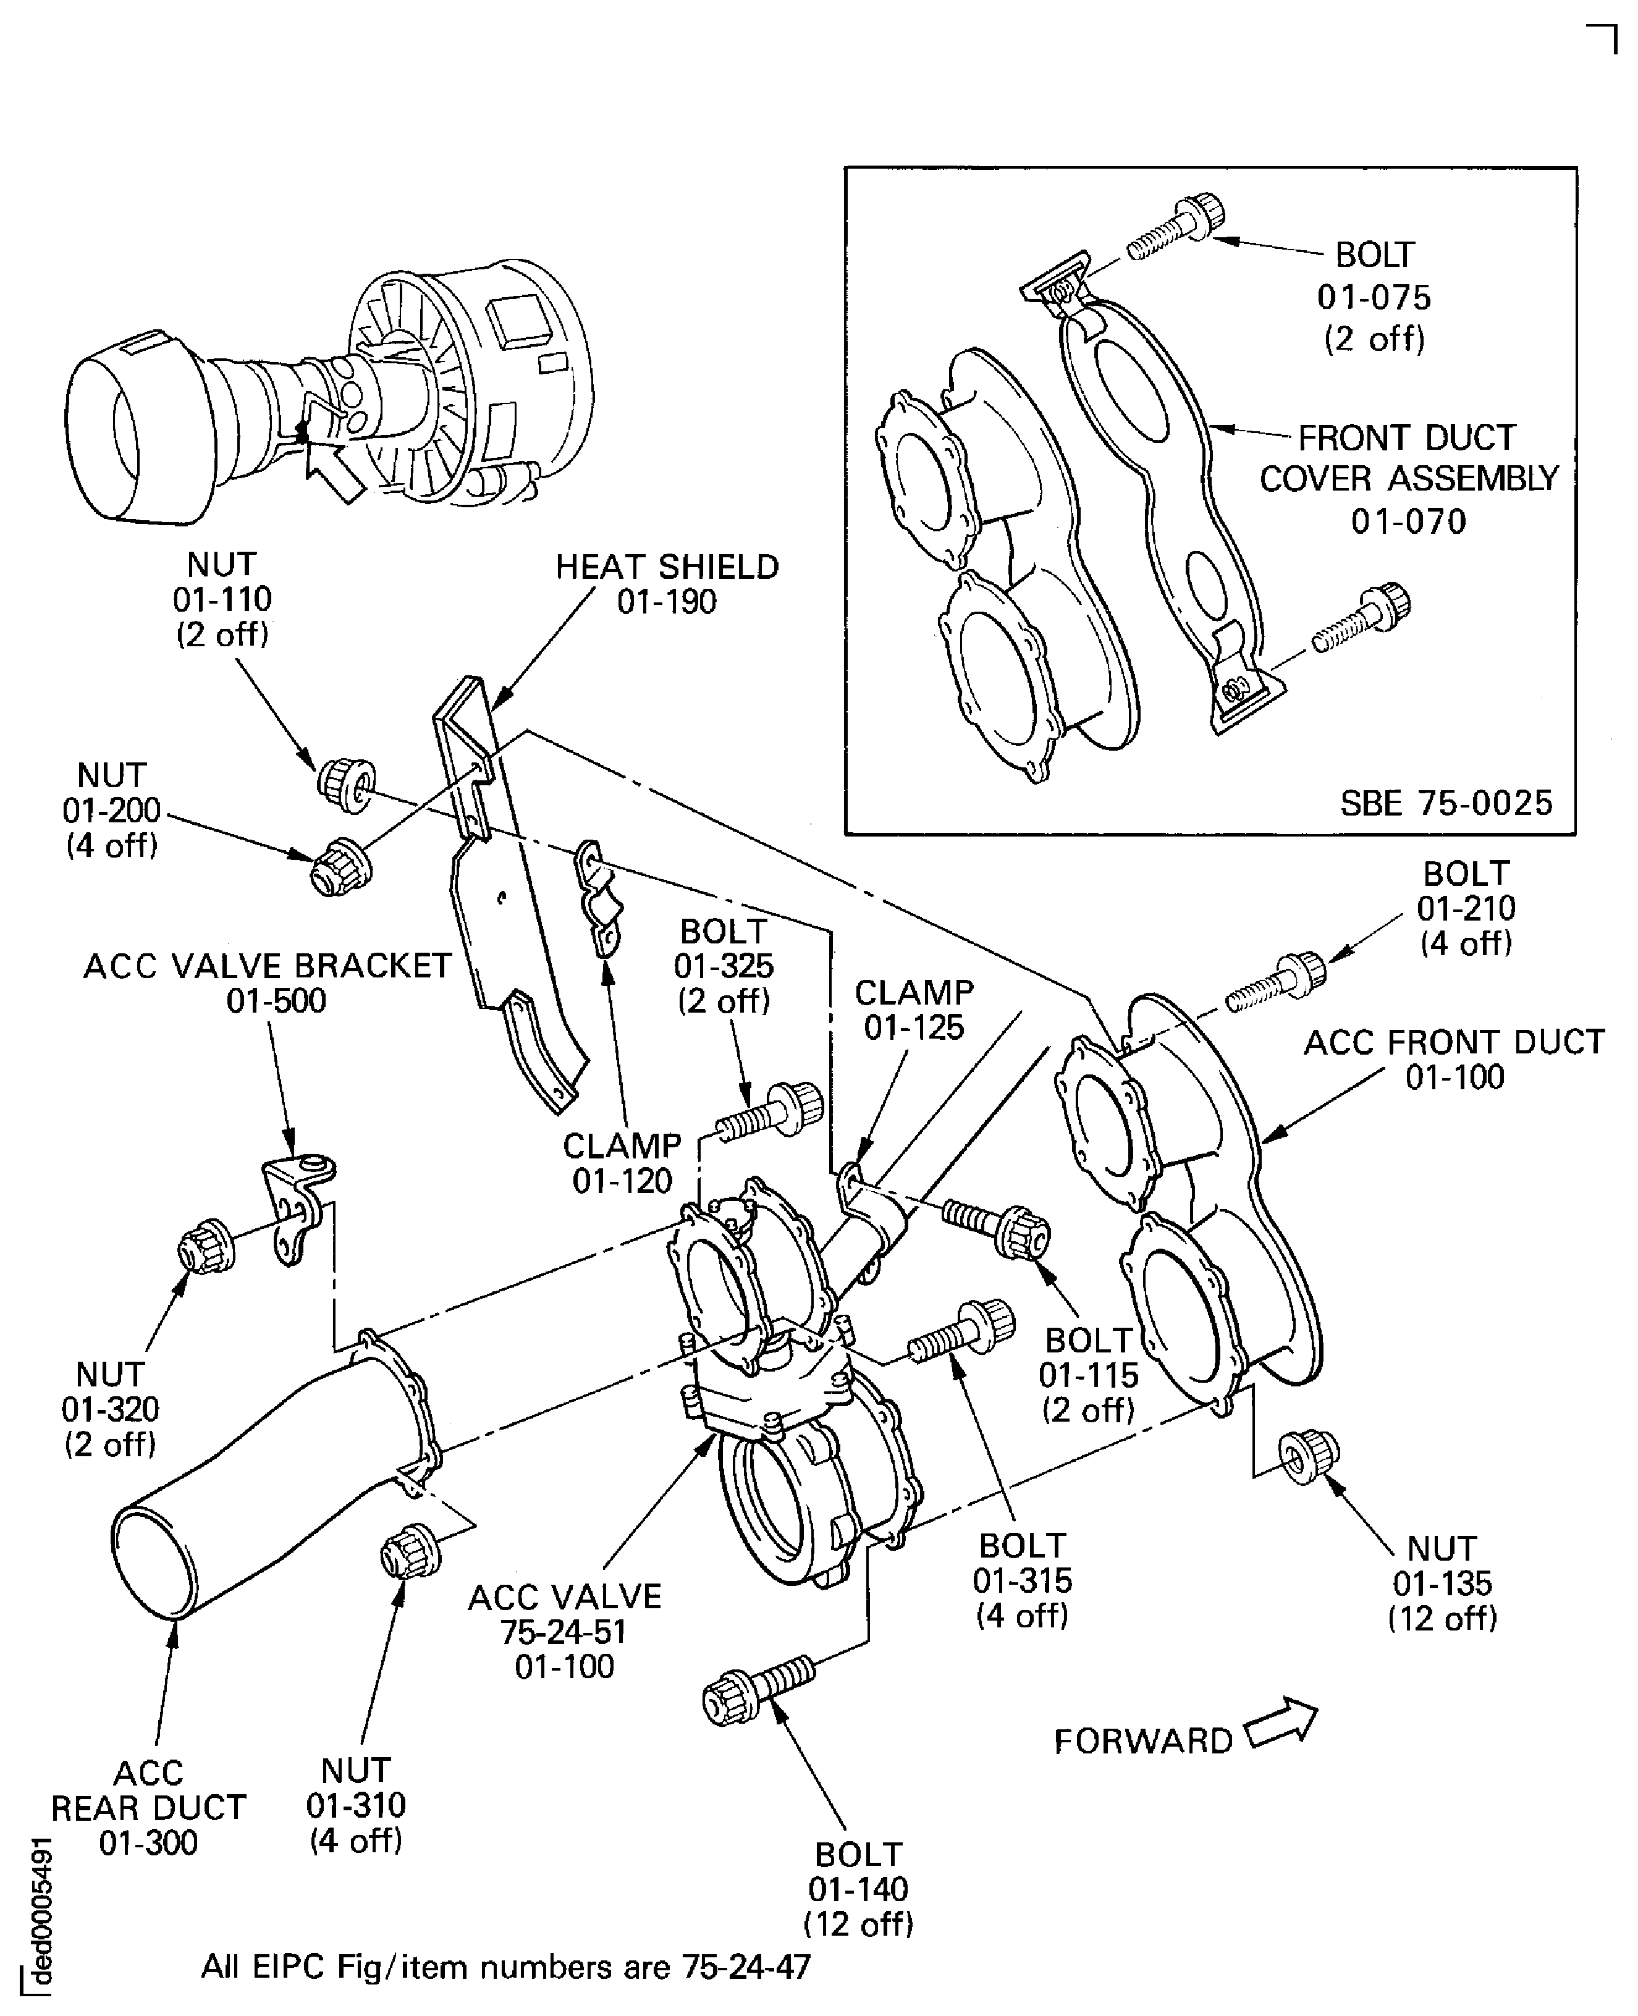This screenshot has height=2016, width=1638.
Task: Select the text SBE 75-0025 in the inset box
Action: [x=1445, y=803]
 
